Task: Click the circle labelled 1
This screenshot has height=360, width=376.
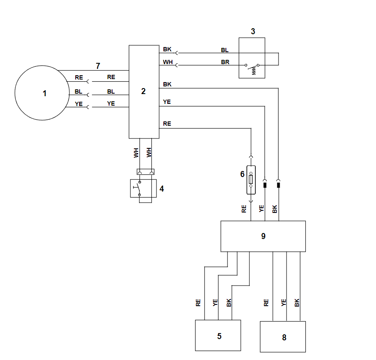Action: click(42, 93)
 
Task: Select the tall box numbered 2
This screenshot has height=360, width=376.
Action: click(144, 91)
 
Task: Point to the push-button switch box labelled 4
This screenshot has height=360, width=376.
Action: click(141, 188)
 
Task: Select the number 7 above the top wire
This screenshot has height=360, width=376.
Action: click(98, 66)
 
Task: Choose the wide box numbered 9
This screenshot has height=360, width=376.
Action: click(263, 236)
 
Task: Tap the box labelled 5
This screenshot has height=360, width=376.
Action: click(218, 336)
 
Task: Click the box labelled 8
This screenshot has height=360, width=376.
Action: click(283, 337)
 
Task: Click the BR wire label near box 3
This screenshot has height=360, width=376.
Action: click(225, 62)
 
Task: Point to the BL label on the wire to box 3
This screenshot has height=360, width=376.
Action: click(225, 50)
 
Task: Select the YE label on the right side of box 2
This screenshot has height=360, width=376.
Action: click(167, 102)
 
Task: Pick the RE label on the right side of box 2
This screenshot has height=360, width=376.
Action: click(167, 124)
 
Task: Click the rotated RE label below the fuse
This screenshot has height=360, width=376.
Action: click(244, 209)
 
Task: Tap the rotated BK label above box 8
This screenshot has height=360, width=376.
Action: click(297, 303)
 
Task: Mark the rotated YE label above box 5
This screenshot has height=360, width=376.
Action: click(215, 303)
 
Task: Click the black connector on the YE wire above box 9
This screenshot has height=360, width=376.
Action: click(265, 185)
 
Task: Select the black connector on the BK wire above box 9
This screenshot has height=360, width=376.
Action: click(278, 185)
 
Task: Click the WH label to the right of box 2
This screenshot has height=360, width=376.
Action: click(167, 62)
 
